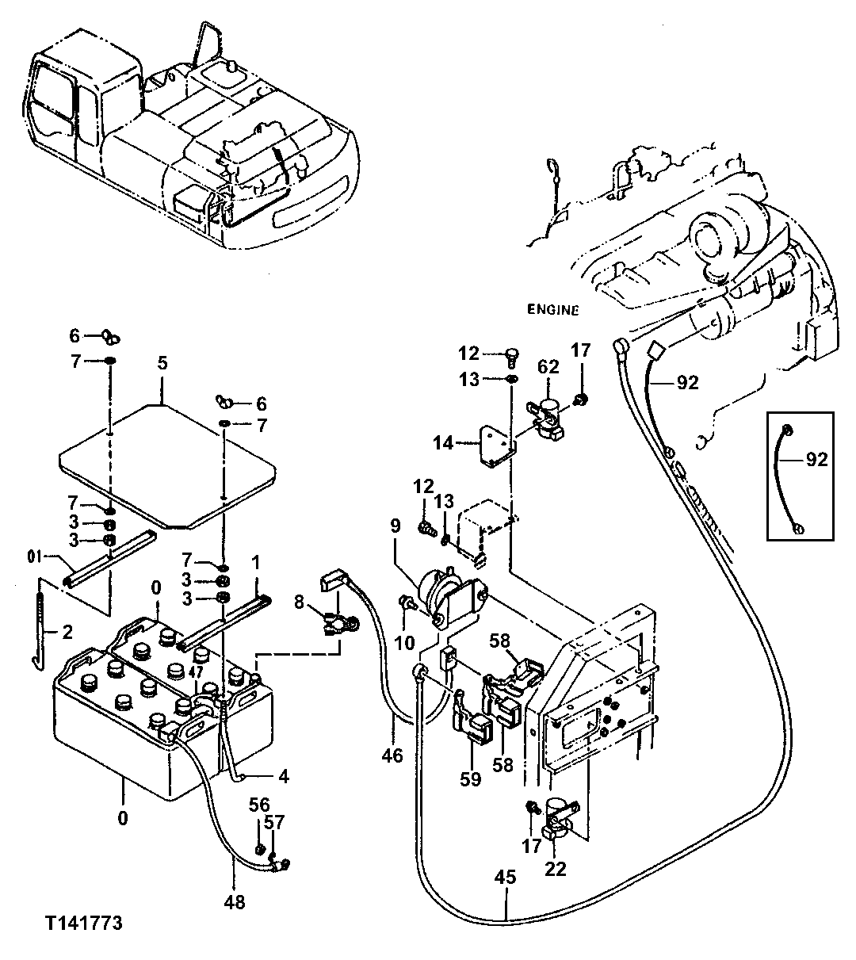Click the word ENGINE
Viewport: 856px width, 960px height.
552,310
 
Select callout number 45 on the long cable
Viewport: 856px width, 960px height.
505,878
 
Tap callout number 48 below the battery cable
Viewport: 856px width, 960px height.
235,901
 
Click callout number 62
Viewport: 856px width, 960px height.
548,366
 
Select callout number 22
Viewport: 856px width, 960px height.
556,869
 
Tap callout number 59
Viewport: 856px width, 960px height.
470,779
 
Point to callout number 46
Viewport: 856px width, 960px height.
392,755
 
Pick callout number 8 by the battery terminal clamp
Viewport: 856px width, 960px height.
299,602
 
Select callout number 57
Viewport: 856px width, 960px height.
274,823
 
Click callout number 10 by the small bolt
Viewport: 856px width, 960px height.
404,642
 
